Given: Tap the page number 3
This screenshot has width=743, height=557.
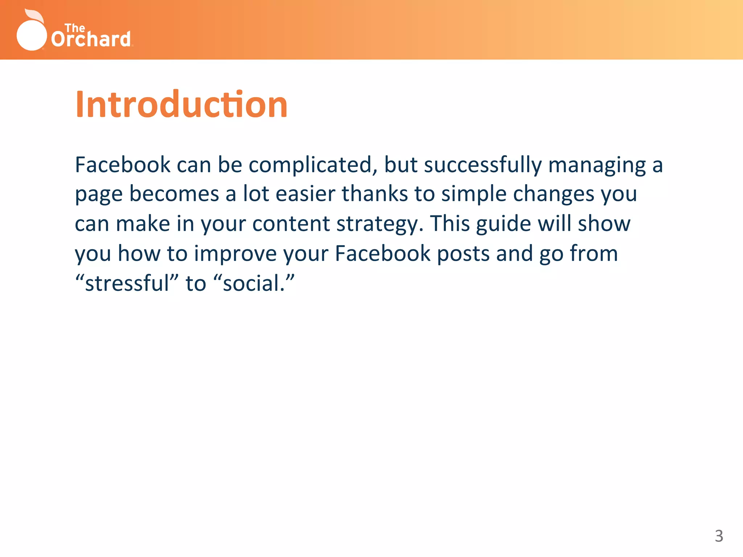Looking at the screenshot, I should [719, 536].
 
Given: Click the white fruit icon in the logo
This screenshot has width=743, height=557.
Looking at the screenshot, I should [32, 34].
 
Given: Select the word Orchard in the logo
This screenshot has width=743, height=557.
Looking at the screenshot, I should [91, 40].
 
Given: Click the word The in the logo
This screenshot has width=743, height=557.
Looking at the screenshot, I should [75, 28].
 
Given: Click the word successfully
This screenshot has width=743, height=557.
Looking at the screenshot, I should [483, 165].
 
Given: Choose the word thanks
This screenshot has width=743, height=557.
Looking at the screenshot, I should [375, 194].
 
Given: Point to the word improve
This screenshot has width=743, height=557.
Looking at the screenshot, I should [235, 254].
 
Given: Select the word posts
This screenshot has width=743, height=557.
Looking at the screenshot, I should [463, 254].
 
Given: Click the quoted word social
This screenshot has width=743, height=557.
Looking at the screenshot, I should [254, 283].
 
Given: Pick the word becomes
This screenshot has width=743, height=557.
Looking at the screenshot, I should [174, 194].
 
